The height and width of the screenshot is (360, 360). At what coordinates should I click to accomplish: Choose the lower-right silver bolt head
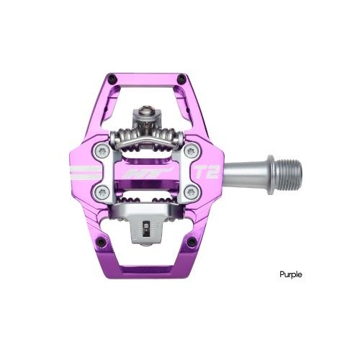(x=193, y=192)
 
